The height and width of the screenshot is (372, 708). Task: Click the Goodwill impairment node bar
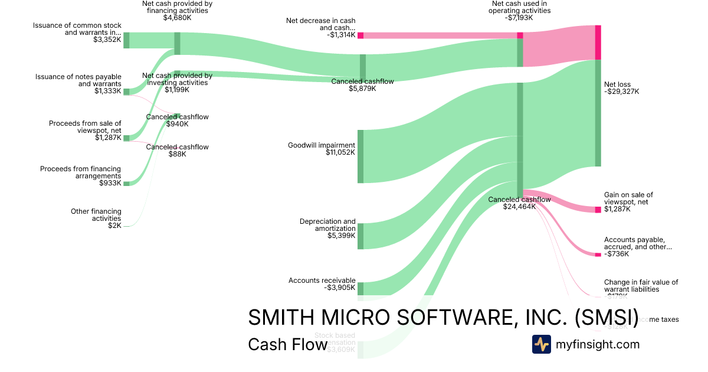coord(360,156)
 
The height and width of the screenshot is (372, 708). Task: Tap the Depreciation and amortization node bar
coord(360,236)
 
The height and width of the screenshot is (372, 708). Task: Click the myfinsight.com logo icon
coord(542,344)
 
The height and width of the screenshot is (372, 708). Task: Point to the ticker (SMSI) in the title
coord(606,317)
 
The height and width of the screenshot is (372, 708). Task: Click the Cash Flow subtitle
coord(288,344)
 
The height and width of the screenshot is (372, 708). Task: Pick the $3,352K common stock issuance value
coord(107,40)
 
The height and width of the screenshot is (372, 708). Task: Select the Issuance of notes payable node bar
coord(126,91)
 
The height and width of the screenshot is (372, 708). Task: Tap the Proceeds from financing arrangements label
coord(80,172)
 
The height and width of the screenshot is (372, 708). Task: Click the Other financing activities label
coord(96,215)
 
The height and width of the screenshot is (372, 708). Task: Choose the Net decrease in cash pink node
coord(360,35)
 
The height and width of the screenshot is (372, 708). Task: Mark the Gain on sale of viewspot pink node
coord(598,210)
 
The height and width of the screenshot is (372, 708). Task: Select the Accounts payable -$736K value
coord(617,254)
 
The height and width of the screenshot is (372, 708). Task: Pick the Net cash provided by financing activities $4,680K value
coord(177,18)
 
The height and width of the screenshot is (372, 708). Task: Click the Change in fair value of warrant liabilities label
coord(641,286)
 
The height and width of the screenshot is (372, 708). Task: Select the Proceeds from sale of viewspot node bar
coord(126,138)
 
